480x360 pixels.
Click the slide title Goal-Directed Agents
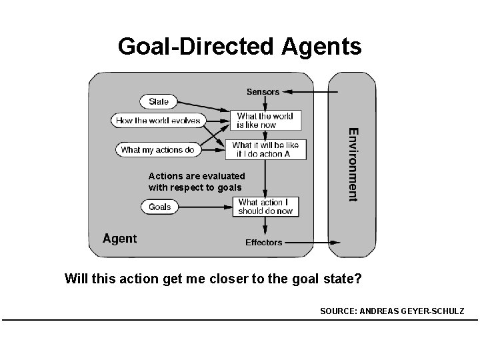point(239,46)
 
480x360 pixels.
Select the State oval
point(159,102)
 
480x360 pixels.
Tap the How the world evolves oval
point(158,121)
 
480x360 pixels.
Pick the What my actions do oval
point(157,150)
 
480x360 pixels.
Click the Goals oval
point(159,207)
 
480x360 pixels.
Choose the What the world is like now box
point(265,121)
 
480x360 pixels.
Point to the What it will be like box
point(265,149)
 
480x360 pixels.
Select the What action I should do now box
point(265,207)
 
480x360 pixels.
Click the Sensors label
point(263,91)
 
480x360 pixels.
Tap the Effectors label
point(264,243)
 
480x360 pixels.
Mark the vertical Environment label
point(353,163)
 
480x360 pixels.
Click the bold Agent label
point(119,239)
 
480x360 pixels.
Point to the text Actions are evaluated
point(197,176)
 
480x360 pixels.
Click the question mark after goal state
point(358,279)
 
